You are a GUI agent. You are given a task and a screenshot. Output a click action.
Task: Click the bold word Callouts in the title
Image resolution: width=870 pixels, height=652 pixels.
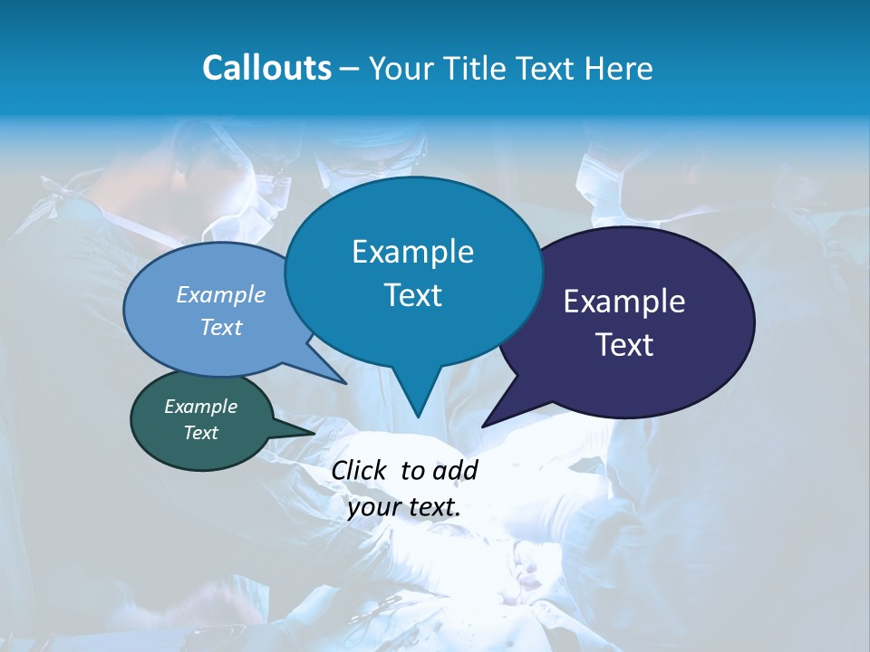coord(266,68)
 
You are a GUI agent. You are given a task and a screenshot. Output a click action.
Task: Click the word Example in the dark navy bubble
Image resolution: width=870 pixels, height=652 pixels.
coord(624,302)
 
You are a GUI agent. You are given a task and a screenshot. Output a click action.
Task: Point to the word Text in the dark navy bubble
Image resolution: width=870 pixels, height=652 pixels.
coord(624,345)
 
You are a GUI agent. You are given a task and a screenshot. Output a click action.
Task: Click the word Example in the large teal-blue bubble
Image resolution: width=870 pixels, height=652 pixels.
coord(412,252)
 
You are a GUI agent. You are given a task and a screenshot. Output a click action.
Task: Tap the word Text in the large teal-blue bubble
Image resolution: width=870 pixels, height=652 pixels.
coord(412,295)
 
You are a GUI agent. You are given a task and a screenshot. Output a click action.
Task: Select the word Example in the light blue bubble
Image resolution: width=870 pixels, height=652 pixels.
coord(221,294)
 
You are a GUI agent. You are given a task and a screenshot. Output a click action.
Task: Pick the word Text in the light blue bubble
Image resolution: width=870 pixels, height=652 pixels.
coord(221,327)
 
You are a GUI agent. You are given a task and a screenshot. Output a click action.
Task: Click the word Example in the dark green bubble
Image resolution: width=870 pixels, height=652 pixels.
coord(201,407)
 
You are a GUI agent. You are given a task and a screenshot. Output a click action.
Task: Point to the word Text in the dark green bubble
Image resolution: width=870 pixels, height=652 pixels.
coord(201,433)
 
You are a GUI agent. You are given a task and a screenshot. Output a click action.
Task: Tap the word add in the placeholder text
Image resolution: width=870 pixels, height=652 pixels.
coord(455,470)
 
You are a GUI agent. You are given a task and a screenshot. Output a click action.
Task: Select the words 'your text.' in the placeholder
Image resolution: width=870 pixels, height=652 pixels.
coord(404,507)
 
